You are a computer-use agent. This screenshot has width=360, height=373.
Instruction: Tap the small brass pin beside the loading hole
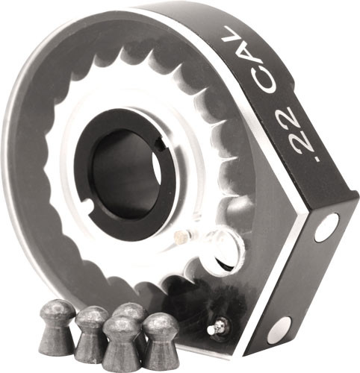pos(179,238)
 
